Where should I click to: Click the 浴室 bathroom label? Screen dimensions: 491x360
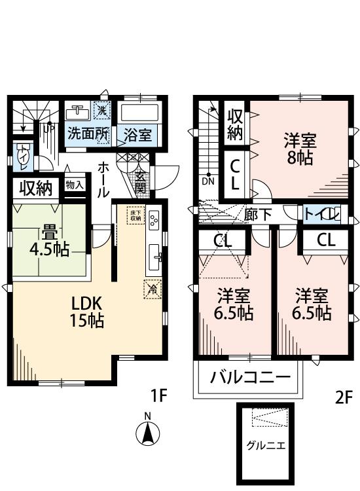tap(137, 136)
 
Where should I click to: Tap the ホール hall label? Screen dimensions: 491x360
tap(103, 179)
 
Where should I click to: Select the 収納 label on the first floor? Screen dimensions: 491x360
tap(35, 189)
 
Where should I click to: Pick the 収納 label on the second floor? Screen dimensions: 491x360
tap(236, 126)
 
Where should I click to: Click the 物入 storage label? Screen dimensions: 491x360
tap(75, 185)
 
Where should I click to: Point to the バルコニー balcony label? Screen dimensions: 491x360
tap(249, 378)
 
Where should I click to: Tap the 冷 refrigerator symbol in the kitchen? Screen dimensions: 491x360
tap(152, 287)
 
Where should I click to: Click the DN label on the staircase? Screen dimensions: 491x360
tap(208, 181)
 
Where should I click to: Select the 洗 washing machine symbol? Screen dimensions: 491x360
tap(102, 109)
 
